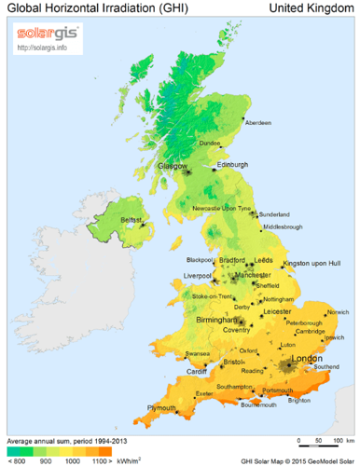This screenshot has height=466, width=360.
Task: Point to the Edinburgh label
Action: (x=233, y=165)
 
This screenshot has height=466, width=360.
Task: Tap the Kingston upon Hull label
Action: (x=310, y=265)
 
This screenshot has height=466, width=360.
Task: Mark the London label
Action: (x=307, y=359)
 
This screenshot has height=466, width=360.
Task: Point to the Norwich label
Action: (x=338, y=312)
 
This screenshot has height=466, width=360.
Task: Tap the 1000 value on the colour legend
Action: (x=70, y=459)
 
